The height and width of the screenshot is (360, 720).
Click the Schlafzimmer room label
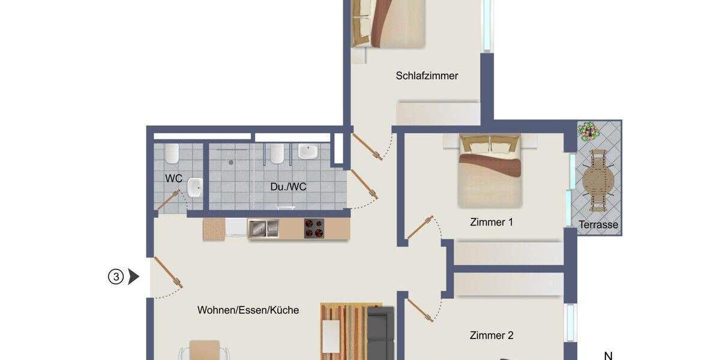click(x=427, y=76)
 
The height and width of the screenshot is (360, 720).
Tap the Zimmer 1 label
click(x=491, y=223)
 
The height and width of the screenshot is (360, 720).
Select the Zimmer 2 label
click(x=491, y=335)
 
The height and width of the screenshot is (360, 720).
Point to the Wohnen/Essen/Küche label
click(x=248, y=310)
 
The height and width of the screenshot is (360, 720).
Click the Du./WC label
click(x=288, y=187)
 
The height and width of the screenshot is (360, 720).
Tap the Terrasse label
click(x=598, y=225)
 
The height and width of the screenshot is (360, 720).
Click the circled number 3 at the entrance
click(x=115, y=277)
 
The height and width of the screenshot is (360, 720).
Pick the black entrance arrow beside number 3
click(x=134, y=277)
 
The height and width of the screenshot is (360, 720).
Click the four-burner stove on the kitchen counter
click(x=313, y=229)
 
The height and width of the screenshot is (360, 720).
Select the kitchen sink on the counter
click(x=263, y=229)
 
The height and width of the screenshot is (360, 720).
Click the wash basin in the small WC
click(x=194, y=188)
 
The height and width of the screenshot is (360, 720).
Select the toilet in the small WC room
click(x=172, y=154)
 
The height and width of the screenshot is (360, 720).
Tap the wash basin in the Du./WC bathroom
click(x=308, y=152)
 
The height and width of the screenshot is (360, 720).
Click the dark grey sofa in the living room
click(x=380, y=333)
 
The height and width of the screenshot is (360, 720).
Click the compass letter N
click(x=608, y=355)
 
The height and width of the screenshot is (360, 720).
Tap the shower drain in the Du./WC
click(x=230, y=162)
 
